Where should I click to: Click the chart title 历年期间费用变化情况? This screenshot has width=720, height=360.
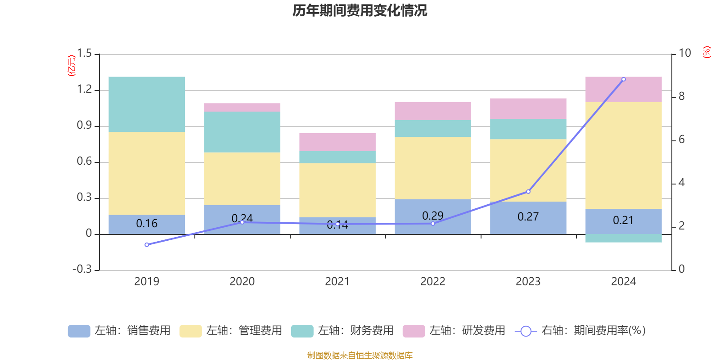360,10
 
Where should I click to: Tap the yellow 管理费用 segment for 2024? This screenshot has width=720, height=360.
623,155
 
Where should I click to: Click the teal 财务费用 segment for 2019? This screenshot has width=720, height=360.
147,104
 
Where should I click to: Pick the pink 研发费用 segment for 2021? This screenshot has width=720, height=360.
337,142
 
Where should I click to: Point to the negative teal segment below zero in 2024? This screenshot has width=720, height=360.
623,238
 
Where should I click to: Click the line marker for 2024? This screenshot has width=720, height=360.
623,79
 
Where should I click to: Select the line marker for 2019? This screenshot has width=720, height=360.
147,245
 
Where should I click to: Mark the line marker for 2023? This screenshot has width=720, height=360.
528,192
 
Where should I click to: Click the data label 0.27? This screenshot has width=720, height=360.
528,217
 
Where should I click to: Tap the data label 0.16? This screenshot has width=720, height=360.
147,224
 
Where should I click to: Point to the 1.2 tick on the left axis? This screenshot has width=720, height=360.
84,90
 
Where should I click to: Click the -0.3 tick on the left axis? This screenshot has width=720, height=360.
82,269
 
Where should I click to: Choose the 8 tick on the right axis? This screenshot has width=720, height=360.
681,96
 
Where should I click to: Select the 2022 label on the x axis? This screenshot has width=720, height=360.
432,282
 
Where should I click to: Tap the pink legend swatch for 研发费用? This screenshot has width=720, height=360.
414,331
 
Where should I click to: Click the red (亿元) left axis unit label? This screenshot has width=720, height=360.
71,66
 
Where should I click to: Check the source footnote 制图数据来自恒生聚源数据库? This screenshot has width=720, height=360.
360,355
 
